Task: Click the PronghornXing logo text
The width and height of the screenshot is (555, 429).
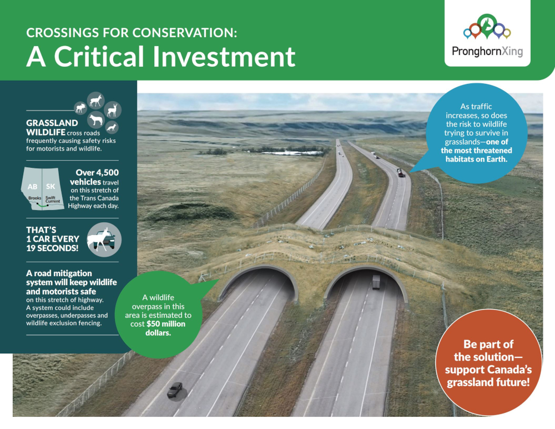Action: click(487, 52)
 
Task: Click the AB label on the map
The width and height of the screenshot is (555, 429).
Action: click(32, 187)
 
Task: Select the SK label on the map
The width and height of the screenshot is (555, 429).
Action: click(51, 186)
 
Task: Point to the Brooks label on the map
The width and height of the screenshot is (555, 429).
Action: click(34, 198)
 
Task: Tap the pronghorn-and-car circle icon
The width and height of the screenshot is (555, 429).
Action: click(104, 240)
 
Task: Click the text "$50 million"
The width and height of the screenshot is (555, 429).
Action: click(166, 324)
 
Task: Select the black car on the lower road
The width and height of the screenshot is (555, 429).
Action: click(175, 390)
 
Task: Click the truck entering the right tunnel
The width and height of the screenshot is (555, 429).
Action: click(376, 282)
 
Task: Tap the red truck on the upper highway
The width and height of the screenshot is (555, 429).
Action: click(400, 173)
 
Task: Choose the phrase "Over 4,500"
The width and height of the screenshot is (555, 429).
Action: click(97, 173)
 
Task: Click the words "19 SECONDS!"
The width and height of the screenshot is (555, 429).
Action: click(52, 248)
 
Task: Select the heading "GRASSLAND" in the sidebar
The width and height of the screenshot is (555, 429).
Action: click(52, 123)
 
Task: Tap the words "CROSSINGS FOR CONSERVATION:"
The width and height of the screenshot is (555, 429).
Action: click(132, 33)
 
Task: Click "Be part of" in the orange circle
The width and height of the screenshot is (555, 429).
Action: click(488, 345)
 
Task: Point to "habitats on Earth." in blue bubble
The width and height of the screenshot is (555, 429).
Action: click(476, 159)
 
